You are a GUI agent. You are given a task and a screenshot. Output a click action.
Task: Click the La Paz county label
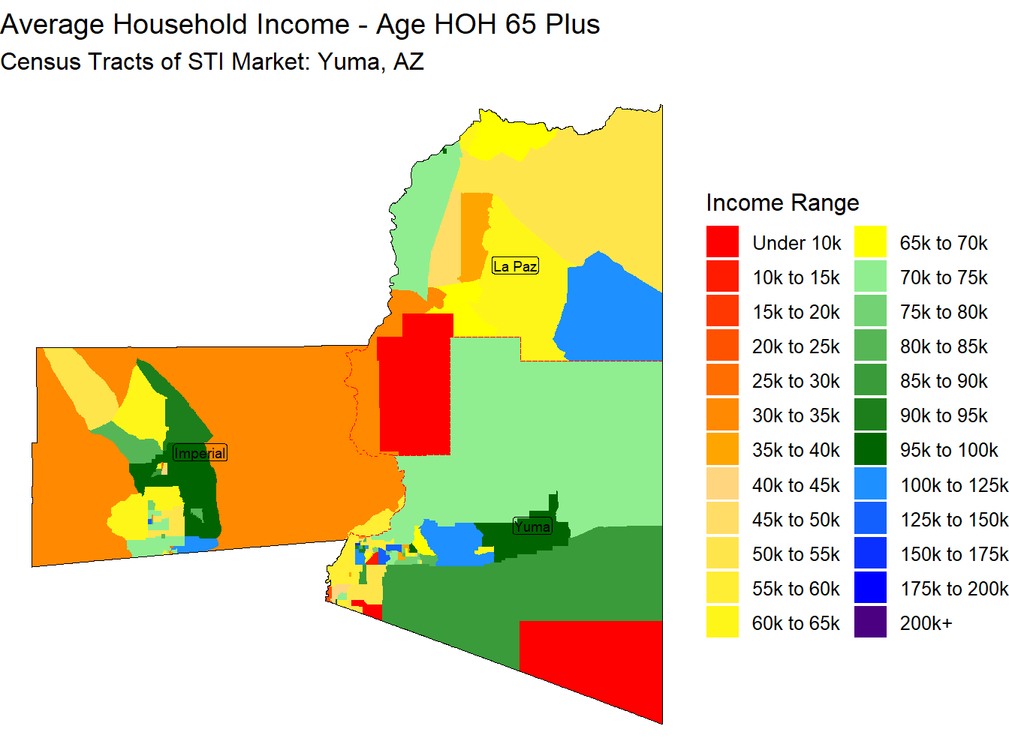click(515, 265)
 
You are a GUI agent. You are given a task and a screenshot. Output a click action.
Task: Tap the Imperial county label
click(200, 453)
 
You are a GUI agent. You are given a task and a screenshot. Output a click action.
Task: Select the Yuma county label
click(532, 526)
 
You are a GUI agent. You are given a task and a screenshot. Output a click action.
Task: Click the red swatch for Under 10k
click(722, 241)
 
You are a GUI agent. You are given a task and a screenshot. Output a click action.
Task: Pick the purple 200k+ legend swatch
click(870, 622)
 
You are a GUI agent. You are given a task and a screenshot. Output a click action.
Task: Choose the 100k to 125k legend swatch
click(870, 483)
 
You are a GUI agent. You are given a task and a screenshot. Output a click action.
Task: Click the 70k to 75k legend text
click(943, 277)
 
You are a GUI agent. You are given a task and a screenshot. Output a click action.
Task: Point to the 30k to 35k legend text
click(796, 415)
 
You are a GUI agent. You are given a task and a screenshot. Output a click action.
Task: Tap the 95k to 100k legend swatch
click(870, 449)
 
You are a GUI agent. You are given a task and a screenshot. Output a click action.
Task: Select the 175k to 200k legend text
click(954, 589)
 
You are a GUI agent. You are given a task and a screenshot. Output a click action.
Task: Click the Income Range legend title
click(782, 203)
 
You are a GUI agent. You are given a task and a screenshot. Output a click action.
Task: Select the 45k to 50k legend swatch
click(722, 518)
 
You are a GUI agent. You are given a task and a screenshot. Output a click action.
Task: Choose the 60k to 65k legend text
click(796, 623)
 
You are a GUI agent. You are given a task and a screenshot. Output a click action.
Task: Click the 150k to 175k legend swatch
click(870, 553)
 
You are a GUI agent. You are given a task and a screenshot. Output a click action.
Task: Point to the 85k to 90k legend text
click(943, 381)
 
